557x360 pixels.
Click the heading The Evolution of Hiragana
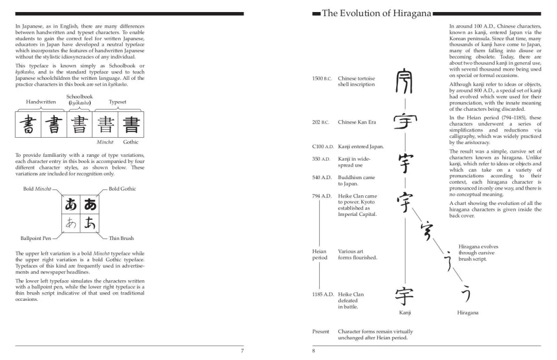tap(377, 13)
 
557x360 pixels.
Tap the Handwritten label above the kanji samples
tap(41, 102)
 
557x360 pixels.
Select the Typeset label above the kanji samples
tap(117, 102)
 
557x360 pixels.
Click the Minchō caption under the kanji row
tap(105, 142)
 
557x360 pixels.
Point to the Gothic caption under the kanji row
tap(130, 142)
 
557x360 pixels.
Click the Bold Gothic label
tap(122, 189)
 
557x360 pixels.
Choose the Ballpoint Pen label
tap(36, 238)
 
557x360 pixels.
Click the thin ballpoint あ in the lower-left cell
tap(71, 223)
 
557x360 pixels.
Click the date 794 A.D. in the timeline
tap(322, 196)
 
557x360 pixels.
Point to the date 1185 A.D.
tap(323, 295)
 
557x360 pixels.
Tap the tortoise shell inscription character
tap(405, 82)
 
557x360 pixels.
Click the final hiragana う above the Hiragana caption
tap(466, 295)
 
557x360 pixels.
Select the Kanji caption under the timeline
tap(405, 313)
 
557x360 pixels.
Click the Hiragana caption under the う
tap(467, 313)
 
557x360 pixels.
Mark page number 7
tap(242, 351)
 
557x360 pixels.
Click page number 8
tap(314, 351)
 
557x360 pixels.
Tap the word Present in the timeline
tap(320, 331)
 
